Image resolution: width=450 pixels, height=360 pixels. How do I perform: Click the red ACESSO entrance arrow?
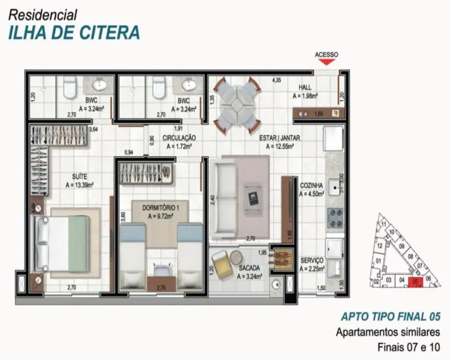pos(327,62)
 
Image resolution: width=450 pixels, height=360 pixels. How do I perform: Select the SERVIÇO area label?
pos(312,260)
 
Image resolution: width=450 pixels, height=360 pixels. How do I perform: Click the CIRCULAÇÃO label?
pos(178,137)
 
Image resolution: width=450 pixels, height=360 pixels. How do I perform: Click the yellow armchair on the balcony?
pos(221,265)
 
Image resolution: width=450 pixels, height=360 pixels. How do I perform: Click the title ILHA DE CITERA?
pos(74,32)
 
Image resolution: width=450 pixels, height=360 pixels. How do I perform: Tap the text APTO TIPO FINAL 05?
pos(390,317)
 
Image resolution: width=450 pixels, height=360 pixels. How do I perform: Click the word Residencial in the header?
pos(43,15)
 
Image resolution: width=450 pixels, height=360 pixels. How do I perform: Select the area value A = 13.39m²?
pos(79,185)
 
